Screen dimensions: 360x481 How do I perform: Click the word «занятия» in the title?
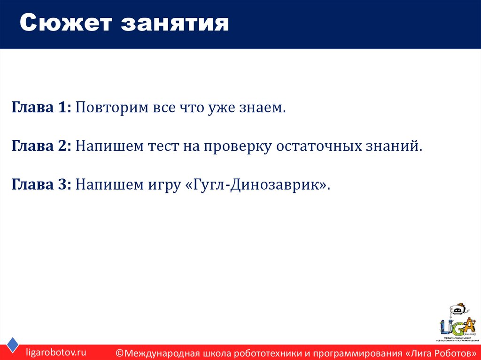tap(175, 23)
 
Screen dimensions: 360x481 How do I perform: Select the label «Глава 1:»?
tap(41, 108)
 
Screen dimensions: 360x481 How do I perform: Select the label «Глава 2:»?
tap(41, 146)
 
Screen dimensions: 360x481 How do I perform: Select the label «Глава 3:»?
tap(41, 184)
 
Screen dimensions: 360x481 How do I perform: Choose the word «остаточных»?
tap(318, 146)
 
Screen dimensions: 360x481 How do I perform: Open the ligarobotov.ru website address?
tap(56, 352)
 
